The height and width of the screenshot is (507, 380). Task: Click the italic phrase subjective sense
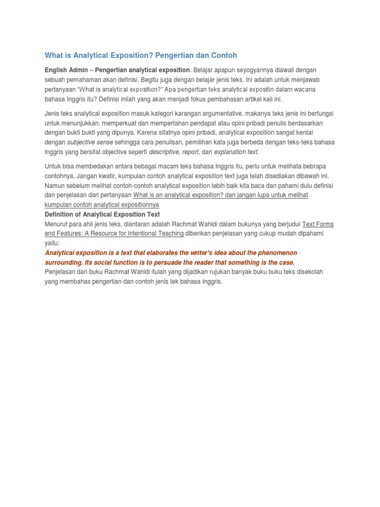90,142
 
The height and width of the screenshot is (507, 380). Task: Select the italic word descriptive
164,152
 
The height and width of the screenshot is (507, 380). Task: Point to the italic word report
190,152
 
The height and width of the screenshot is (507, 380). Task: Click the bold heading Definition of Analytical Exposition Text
102,214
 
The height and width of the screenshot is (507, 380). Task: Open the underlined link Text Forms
318,224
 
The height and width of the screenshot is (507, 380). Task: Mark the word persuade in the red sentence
183,262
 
